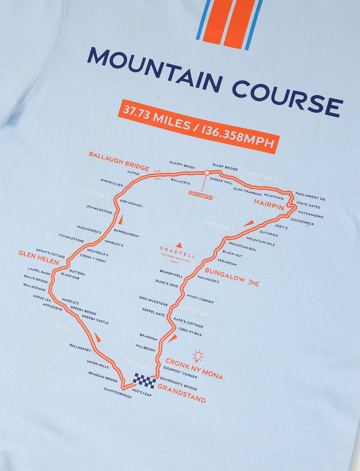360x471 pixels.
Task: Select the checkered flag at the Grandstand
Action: pos(144,379)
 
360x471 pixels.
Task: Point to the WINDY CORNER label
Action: pos(200,299)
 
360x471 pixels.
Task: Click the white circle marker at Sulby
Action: pos(207,173)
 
